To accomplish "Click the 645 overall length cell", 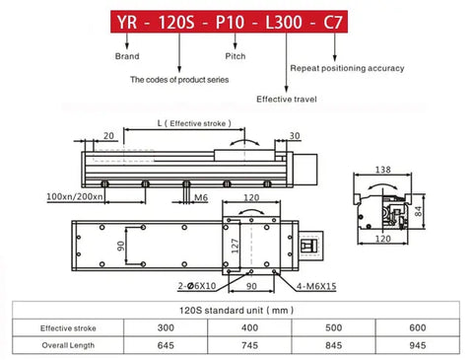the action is [166, 345].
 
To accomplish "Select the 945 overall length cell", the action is [418, 345].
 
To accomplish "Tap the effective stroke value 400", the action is [249, 327].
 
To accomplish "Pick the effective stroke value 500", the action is [333, 327].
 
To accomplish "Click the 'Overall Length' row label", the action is [68, 345].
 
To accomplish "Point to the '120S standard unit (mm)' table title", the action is [236, 310].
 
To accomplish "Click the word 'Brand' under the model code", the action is [127, 56].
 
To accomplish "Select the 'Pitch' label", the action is [236, 56].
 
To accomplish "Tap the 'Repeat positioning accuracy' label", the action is [347, 68].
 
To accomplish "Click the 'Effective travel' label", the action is [287, 99].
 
